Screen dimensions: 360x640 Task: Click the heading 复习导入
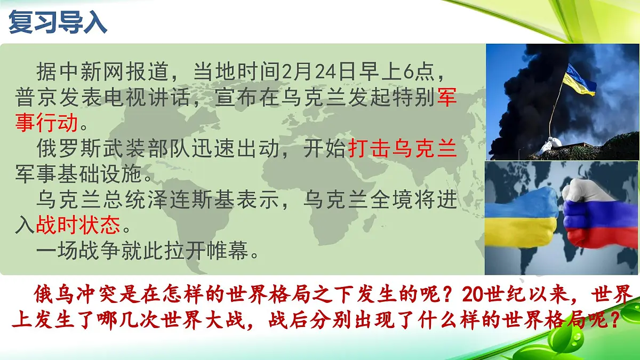58,22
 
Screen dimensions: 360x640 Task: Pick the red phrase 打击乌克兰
402,149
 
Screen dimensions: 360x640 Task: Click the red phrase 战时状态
78,226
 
